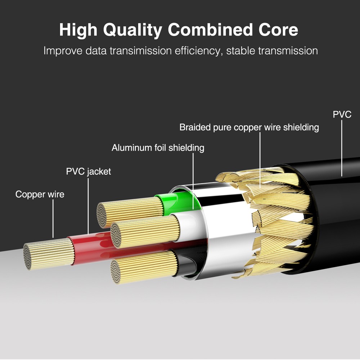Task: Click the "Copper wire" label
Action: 40,194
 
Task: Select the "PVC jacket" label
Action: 89,171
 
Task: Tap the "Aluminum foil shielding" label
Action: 158,148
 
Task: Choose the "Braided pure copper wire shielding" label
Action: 249,127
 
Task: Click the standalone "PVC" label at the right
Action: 342,115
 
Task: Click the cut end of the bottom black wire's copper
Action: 116,272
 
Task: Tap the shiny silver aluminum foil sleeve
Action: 223,230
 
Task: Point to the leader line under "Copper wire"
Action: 53,220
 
